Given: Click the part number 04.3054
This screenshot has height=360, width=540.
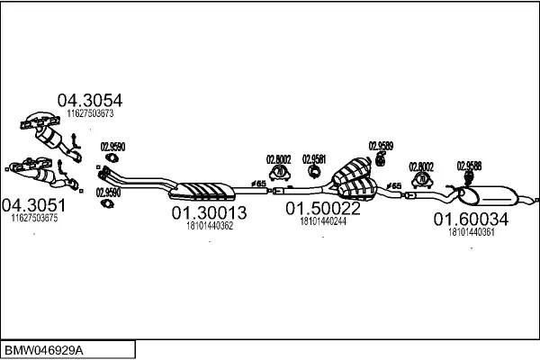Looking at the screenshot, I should (90, 100).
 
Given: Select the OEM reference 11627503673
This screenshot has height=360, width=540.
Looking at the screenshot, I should (90, 113).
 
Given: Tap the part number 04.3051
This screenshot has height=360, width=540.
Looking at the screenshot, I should (33, 205).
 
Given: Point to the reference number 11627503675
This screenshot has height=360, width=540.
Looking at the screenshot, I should (33, 218).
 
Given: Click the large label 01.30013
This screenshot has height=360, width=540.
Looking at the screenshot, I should (209, 213).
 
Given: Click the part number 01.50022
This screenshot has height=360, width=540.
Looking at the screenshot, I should (323, 208).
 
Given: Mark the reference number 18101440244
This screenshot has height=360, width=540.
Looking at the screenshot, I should (323, 220).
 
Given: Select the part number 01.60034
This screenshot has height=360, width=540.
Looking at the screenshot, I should (471, 219).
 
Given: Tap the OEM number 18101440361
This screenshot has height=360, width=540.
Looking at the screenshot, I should (471, 231).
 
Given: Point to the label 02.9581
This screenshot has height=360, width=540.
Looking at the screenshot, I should (314, 159).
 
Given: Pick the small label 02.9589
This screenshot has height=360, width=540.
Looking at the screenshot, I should (381, 144).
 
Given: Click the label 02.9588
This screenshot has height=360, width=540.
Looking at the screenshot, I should (469, 165).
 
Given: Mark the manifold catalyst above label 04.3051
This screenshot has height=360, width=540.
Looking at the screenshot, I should (31, 168).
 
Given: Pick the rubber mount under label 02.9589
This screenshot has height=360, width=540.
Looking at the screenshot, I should (381, 159).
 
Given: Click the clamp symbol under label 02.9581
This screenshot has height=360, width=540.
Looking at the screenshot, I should (314, 172).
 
